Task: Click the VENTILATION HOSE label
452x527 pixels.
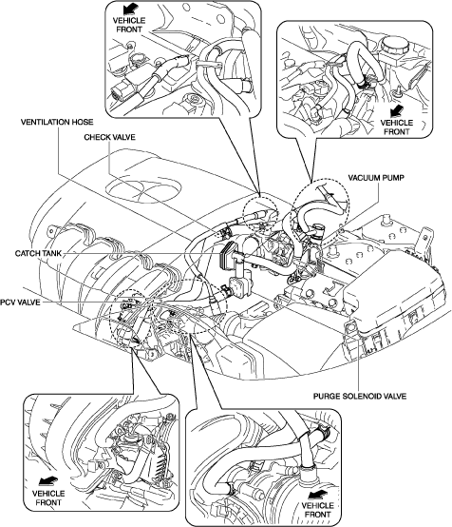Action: (x=57, y=122)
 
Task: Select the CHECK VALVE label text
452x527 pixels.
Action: (x=109, y=137)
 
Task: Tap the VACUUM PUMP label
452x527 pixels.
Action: (x=376, y=178)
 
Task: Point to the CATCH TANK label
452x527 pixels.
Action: (x=38, y=253)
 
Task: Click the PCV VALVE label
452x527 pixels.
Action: (x=20, y=303)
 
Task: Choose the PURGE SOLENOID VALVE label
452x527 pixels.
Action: (x=360, y=396)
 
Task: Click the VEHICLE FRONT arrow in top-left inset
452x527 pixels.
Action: (x=129, y=9)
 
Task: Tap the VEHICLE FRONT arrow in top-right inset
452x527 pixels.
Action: (x=398, y=110)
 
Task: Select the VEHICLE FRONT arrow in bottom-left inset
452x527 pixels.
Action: (x=48, y=481)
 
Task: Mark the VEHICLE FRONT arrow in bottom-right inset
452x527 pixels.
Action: (x=317, y=494)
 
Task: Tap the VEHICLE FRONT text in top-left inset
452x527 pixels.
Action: (x=129, y=25)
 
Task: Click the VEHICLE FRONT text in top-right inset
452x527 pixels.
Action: (x=397, y=127)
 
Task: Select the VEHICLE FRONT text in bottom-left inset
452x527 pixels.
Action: (x=48, y=498)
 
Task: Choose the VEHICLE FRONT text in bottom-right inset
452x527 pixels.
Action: (x=317, y=510)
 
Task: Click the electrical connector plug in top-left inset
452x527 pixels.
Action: (x=120, y=91)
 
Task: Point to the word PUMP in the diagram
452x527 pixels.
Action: (x=392, y=178)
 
